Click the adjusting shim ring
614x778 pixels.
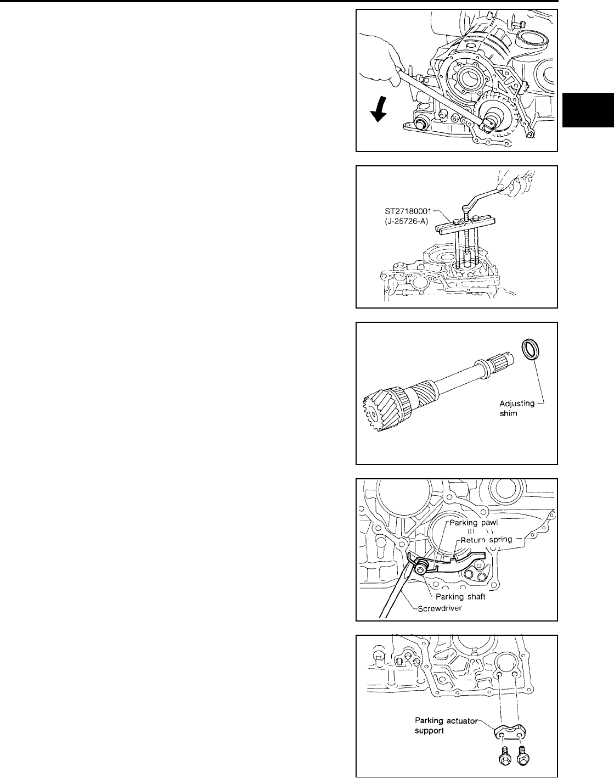click(530, 350)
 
